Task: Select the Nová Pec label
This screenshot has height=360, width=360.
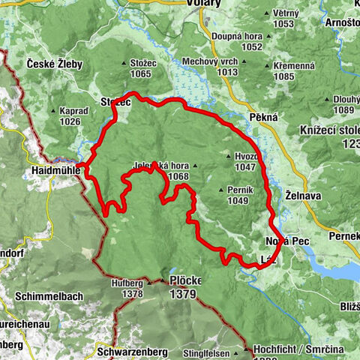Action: [x=285, y=242]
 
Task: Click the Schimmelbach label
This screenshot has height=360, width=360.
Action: [x=52, y=296]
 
